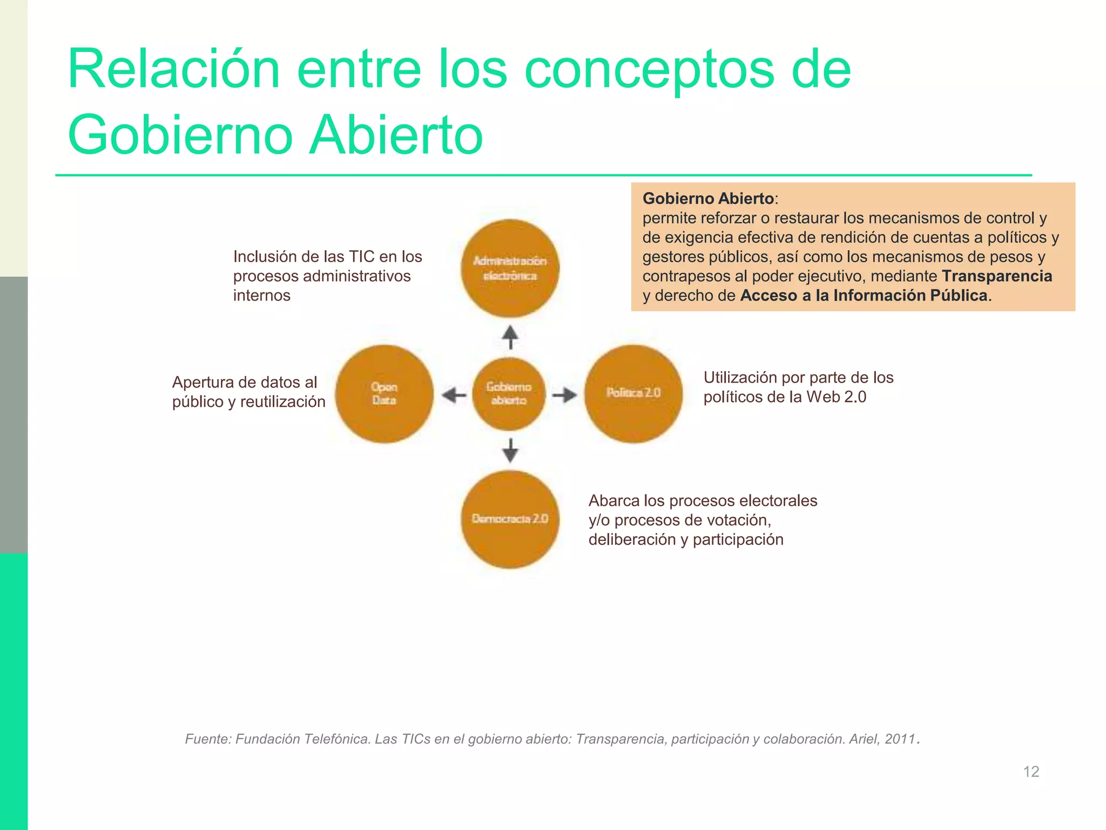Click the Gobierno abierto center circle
tap(509, 394)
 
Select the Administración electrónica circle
tap(510, 269)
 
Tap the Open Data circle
tap(384, 394)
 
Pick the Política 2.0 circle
tap(633, 394)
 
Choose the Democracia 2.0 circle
tap(510, 519)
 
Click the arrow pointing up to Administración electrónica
tap(510, 337)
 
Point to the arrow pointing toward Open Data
tap(454, 395)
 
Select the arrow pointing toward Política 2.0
tap(564, 395)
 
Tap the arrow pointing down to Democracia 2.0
tap(510, 450)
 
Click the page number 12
tap(1031, 771)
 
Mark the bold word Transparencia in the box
tap(997, 276)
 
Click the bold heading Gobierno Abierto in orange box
tap(708, 198)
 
